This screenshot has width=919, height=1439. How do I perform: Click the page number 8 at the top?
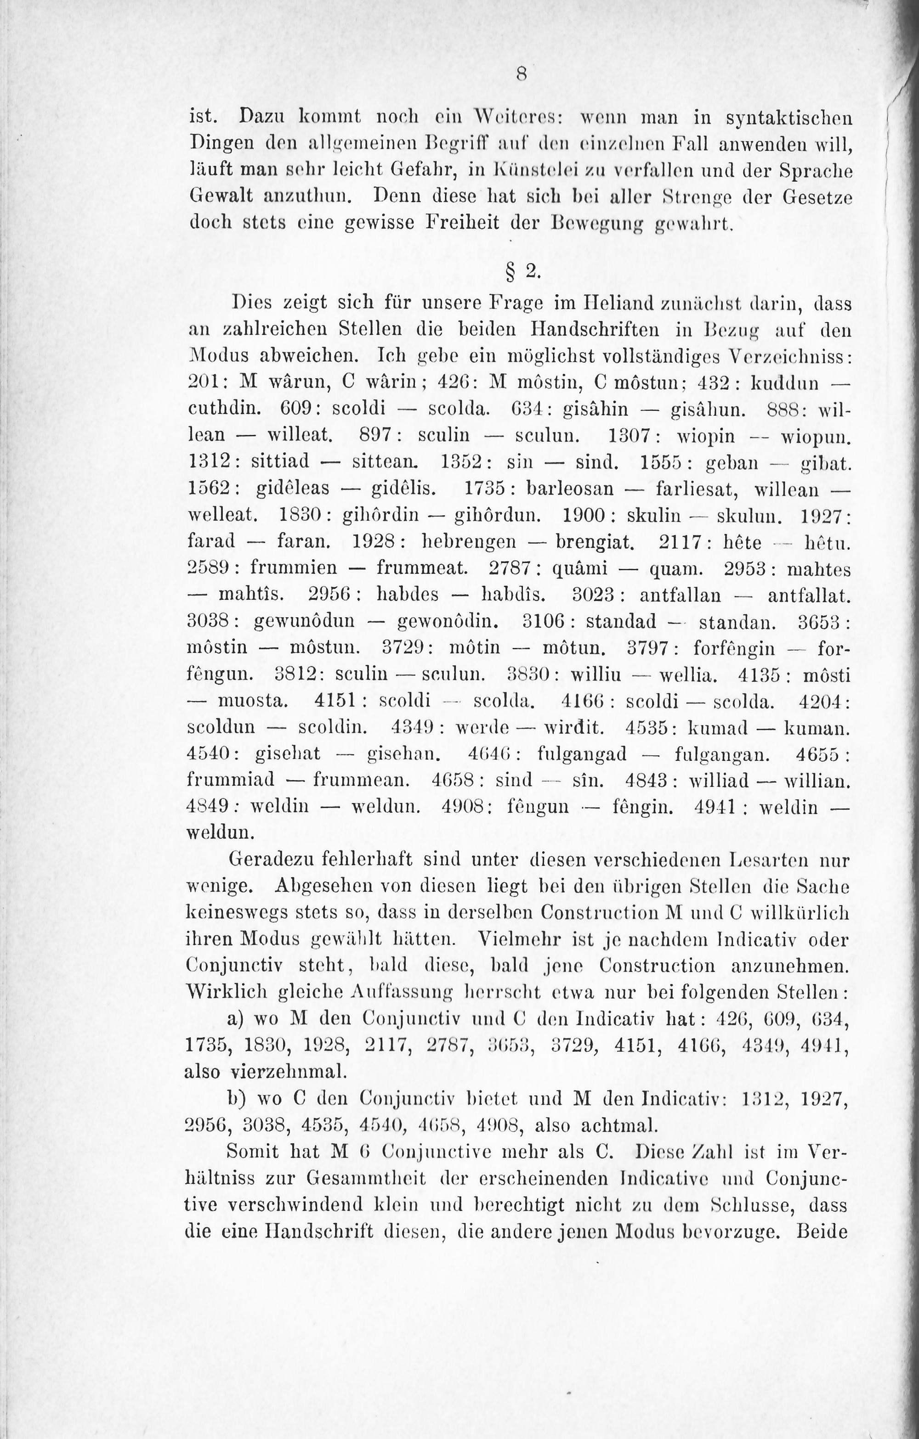point(521,74)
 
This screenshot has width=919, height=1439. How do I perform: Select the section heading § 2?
point(522,272)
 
